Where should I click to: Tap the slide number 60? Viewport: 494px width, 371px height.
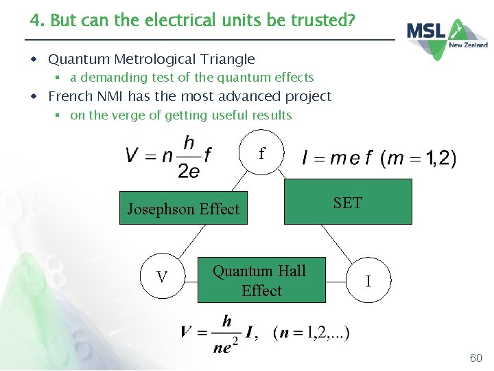pyautogui.click(x=475, y=358)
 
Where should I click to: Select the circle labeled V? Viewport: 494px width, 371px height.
pyautogui.click(x=162, y=277)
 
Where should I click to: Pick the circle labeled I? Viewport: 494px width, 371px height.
pyautogui.click(x=368, y=281)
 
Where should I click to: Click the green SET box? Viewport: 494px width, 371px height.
pyautogui.click(x=348, y=202)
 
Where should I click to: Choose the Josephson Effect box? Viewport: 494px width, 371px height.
pyautogui.click(x=183, y=209)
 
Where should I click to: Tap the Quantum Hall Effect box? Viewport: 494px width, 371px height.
pyautogui.click(x=261, y=280)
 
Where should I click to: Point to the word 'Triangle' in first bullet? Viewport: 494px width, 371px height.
pyautogui.click(x=226, y=60)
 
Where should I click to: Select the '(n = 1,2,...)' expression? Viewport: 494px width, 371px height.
pyautogui.click(x=310, y=333)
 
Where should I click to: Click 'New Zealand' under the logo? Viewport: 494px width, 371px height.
pyautogui.click(x=468, y=45)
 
